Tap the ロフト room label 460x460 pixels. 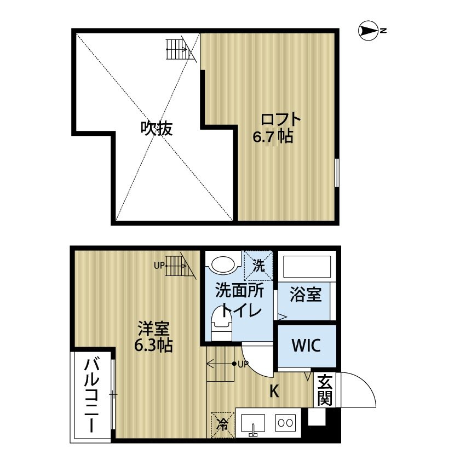pyautogui.click(x=280, y=119)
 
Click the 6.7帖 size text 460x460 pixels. pyautogui.click(x=272, y=136)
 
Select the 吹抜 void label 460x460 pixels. pyautogui.click(x=157, y=128)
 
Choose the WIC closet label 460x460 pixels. pyautogui.click(x=305, y=346)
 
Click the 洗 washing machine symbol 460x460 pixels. pyautogui.click(x=258, y=266)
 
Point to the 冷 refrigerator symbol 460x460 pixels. pyautogui.click(x=222, y=423)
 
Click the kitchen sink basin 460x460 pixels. pyautogui.click(x=252, y=423)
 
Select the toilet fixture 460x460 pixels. pyautogui.click(x=222, y=323)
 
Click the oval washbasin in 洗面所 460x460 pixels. pyautogui.click(x=223, y=265)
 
